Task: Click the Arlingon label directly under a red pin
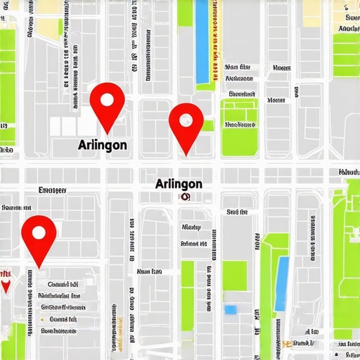point(103,143)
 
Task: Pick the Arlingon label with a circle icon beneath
point(178,184)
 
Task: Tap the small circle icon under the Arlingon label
point(184,198)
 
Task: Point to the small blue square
point(231,309)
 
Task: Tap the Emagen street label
point(53,190)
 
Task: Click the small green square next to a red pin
point(208,125)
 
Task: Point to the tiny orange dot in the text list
point(42,319)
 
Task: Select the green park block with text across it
point(239,127)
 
